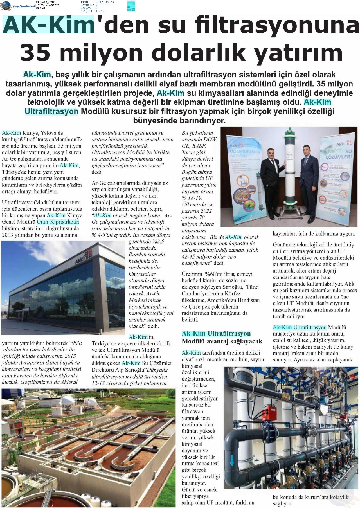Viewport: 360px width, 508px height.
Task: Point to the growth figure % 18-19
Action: [x=192, y=198]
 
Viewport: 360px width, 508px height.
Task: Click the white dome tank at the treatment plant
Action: [x=67, y=401]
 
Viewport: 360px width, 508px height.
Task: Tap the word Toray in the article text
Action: [x=188, y=152]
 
